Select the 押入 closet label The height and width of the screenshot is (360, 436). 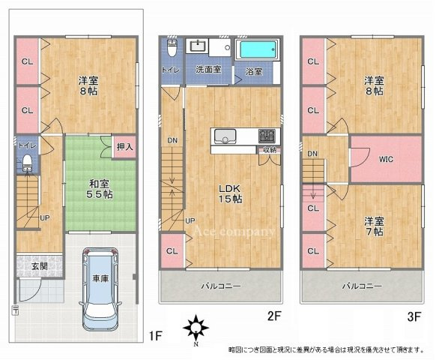(x=124, y=147)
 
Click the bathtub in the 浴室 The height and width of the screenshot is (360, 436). (x=257, y=51)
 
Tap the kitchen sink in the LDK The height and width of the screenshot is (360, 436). (x=224, y=136)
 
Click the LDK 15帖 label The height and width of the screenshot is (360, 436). (x=229, y=193)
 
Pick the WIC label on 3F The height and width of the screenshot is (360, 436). (x=387, y=159)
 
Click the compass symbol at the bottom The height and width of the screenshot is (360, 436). (x=197, y=328)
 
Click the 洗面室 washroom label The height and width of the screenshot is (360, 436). (x=208, y=70)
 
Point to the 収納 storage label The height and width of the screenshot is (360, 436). (x=269, y=150)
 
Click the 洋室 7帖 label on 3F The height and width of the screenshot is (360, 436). (x=375, y=227)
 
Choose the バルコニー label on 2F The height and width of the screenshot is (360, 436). (x=220, y=286)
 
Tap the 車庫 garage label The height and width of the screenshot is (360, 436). (x=100, y=279)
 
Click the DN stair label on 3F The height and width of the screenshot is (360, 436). (x=312, y=154)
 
